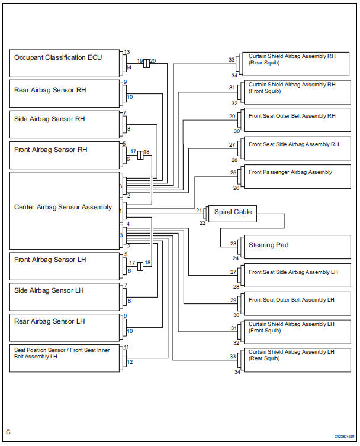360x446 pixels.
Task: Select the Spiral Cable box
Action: pos(232,213)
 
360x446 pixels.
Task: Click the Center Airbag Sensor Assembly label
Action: pos(63,207)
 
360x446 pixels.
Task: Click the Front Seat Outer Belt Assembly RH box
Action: pos(296,120)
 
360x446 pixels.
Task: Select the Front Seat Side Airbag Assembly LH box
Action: pos(296,276)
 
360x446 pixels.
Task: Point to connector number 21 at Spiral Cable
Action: pos(200,211)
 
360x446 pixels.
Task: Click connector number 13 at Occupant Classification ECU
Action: pos(127,52)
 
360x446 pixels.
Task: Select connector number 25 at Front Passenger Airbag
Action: pos(233,172)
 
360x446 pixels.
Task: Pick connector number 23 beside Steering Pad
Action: pos(233,243)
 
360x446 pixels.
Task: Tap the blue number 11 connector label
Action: pos(127,347)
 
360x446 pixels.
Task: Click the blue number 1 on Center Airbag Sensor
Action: pos(121,211)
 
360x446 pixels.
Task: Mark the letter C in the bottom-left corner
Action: pos(8,432)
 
